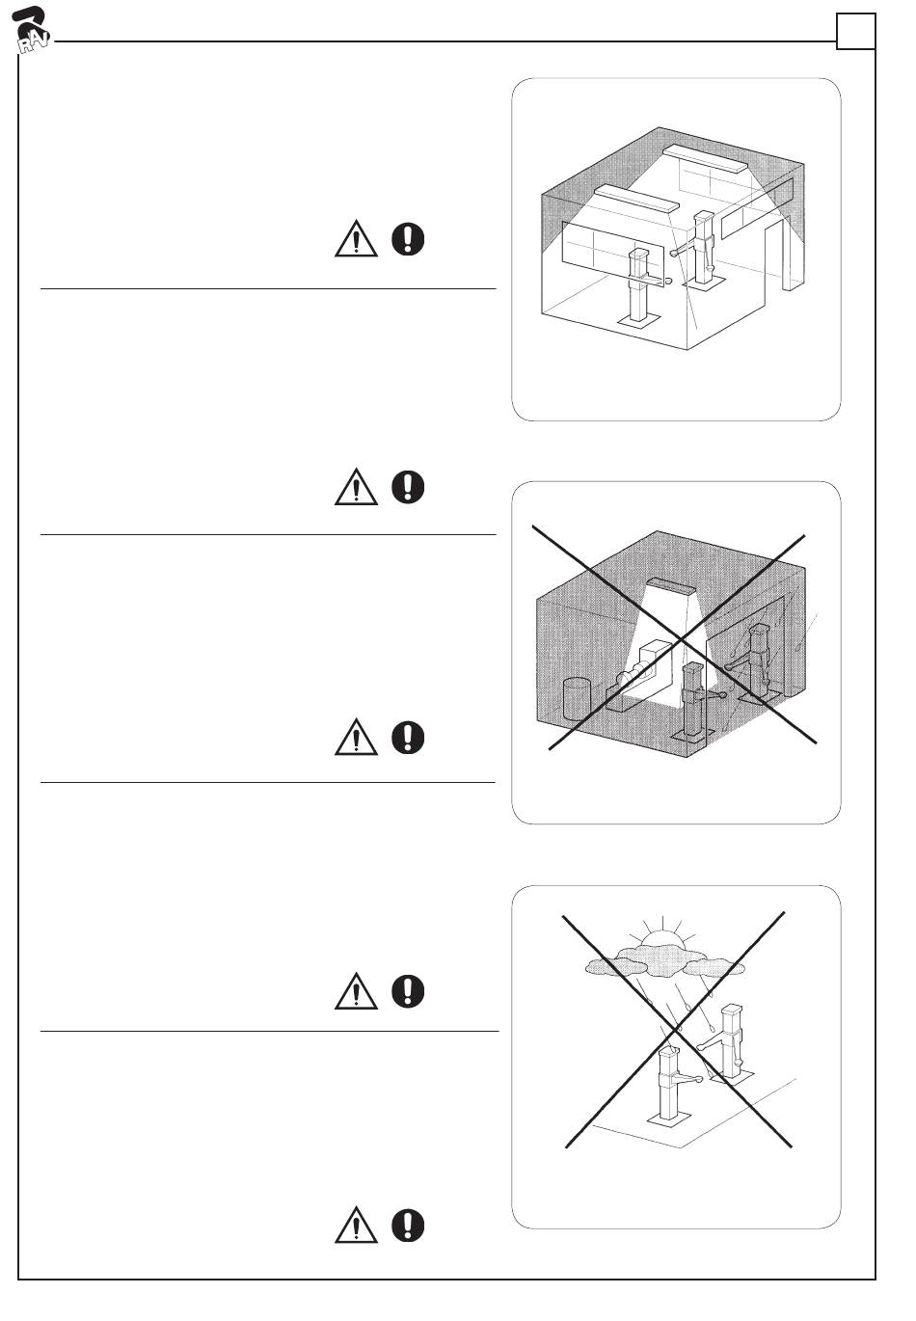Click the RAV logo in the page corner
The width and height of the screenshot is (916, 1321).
[33, 32]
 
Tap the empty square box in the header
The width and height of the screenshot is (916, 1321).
[855, 32]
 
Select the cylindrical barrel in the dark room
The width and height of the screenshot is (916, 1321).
[576, 698]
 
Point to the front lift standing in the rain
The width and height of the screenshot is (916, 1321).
[668, 1085]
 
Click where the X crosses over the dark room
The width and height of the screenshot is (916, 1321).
[681, 639]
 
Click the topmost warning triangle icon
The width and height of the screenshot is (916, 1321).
[356, 238]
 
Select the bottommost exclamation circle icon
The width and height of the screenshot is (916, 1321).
[409, 1225]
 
